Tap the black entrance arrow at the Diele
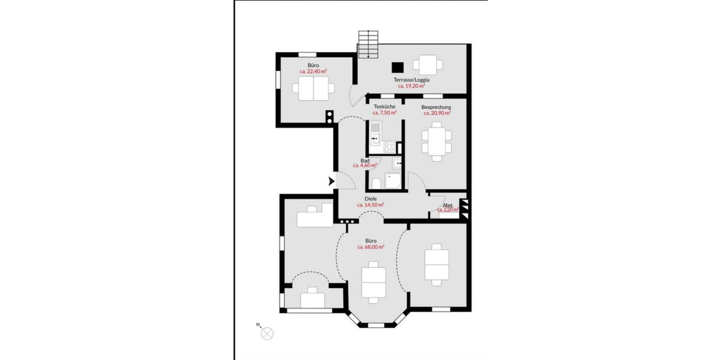coord(331,181)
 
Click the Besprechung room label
coord(436,107)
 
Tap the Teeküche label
coord(384,107)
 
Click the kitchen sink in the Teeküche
coord(375,131)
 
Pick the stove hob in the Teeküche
coord(388,145)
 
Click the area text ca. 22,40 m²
coord(313,71)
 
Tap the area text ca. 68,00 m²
coord(371,247)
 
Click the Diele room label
coord(371,199)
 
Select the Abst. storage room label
coord(448,205)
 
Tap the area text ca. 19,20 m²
coord(411,86)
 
